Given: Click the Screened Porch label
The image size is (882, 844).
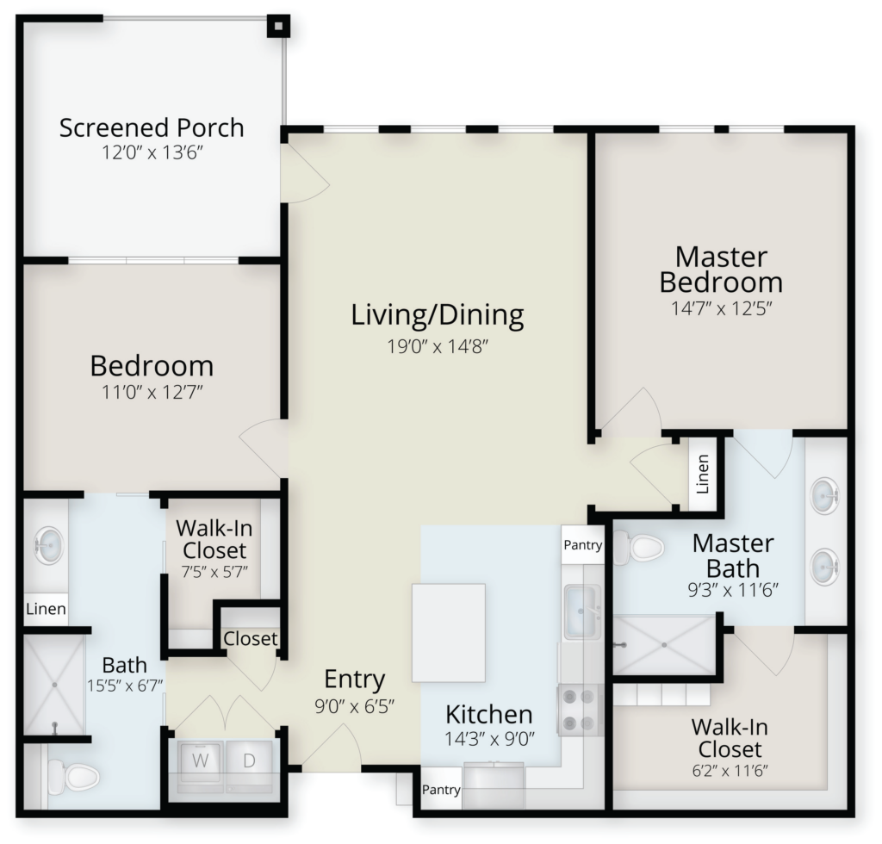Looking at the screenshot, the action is click(152, 127).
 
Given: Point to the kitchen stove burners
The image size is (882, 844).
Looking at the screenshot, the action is click(580, 710).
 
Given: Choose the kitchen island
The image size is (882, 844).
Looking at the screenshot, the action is click(449, 633).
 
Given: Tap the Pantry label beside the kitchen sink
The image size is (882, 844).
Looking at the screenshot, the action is click(583, 544).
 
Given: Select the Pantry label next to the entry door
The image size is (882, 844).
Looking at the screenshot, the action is click(441, 790).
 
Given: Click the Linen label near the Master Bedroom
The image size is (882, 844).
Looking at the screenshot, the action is click(703, 474).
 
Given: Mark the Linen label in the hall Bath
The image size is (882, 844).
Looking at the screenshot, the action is click(47, 609).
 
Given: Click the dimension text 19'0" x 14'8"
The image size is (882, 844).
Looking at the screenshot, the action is click(437, 346).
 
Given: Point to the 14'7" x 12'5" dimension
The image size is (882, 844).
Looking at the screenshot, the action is click(721, 308).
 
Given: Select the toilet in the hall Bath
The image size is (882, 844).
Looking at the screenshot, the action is click(73, 777).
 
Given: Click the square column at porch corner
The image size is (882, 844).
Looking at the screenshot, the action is click(278, 26).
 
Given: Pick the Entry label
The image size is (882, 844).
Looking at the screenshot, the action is click(354, 680).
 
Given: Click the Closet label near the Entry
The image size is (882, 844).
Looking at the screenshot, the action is click(251, 639).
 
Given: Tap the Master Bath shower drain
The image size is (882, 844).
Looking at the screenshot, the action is click(664, 645).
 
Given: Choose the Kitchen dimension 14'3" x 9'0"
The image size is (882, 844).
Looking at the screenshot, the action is click(489, 739).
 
